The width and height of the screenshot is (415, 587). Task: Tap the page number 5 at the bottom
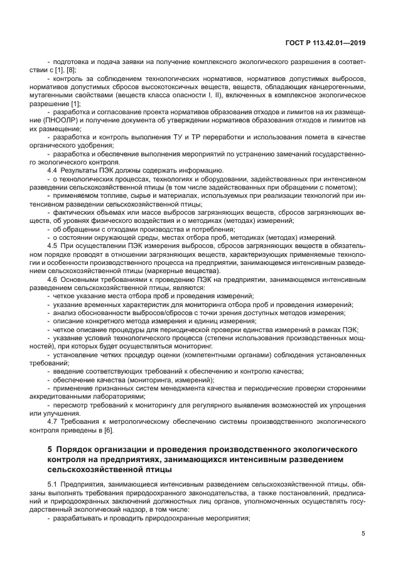click(364, 534)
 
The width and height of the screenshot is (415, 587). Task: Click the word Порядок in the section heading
click(77, 450)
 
